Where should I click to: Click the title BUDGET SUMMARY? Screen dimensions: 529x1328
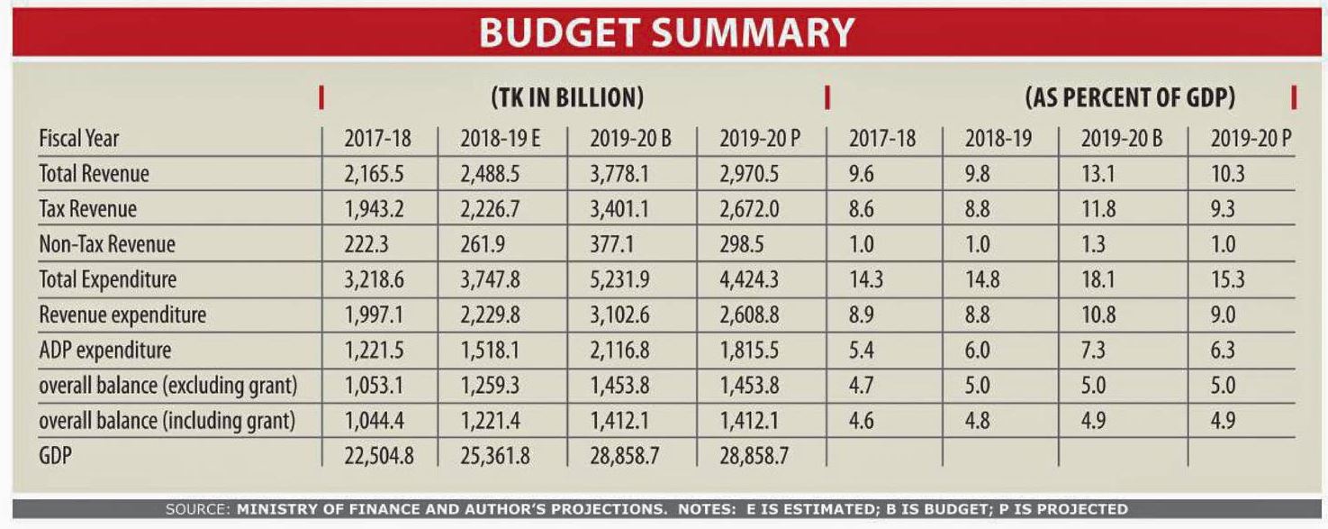pyautogui.click(x=665, y=33)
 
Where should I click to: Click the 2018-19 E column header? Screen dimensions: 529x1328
pyautogui.click(x=500, y=140)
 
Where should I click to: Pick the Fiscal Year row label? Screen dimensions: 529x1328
pyautogui.click(x=78, y=139)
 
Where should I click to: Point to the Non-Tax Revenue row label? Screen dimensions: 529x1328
pyautogui.click(x=106, y=244)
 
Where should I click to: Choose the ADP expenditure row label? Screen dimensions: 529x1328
pyautogui.click(x=104, y=350)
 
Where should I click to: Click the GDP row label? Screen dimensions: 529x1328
pyautogui.click(x=55, y=456)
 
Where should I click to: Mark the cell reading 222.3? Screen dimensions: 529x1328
pyautogui.click(x=366, y=244)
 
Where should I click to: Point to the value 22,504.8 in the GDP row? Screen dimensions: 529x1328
pyautogui.click(x=378, y=456)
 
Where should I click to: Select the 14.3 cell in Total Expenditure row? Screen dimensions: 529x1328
pyautogui.click(x=865, y=280)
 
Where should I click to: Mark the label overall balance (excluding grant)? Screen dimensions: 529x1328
pyautogui.click(x=167, y=386)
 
